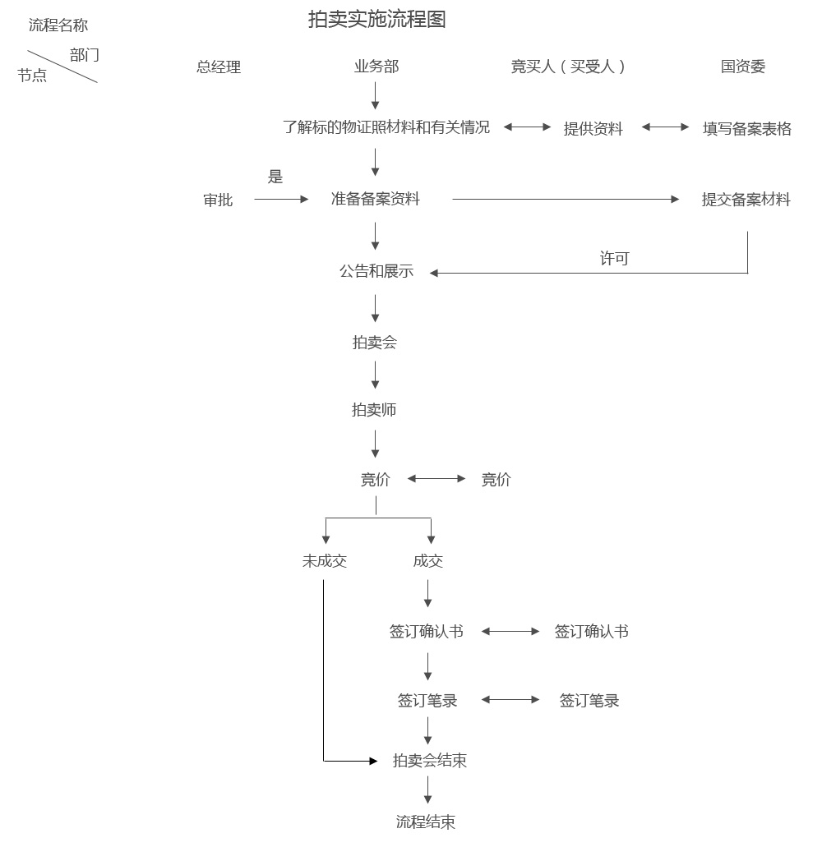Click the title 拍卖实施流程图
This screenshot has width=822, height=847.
[376, 20]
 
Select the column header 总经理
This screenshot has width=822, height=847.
[219, 67]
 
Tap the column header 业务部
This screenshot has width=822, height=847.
[376, 67]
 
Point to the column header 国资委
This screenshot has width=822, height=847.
[743, 67]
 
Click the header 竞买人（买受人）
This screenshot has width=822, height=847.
[569, 67]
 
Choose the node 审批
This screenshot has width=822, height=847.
[218, 200]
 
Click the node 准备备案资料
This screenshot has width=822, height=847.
[376, 199]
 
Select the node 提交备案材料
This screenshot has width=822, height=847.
[746, 200]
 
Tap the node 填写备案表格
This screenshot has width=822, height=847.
[747, 129]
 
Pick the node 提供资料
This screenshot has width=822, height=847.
[593, 129]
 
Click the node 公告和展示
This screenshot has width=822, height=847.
[376, 271]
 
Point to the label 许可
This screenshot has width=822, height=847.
[614, 259]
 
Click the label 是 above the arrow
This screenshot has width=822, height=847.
[275, 177]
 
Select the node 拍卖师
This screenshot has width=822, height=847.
[374, 409]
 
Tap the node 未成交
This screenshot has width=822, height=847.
[325, 561]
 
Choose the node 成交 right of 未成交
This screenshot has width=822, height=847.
[428, 561]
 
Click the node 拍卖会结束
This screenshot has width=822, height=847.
[430, 761]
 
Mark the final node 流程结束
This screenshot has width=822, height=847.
[426, 822]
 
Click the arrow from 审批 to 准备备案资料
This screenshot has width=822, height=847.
[280, 199]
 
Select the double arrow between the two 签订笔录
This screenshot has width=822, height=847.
[510, 700]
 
